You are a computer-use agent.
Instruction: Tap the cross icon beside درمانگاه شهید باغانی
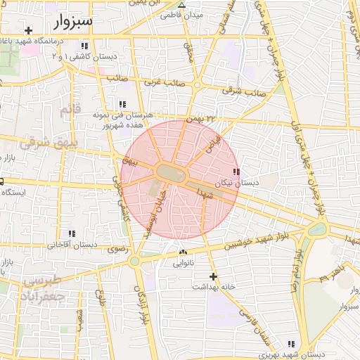[x=28, y=30]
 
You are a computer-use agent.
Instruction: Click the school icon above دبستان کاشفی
[x=84, y=46]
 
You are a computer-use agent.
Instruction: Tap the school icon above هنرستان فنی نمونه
[x=123, y=104]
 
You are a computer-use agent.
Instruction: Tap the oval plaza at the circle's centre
[x=172, y=172]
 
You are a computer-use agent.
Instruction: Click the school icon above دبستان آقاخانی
[x=71, y=233]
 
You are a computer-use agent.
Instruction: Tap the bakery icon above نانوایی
[x=184, y=252]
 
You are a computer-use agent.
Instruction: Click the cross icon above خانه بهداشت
[x=214, y=276]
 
